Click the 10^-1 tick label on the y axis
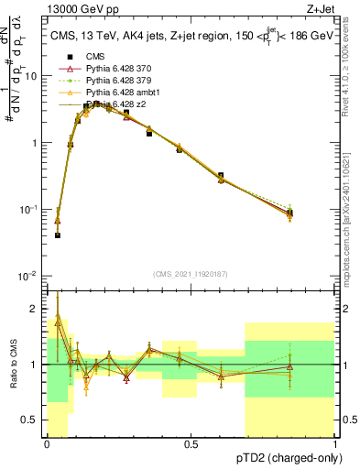(30, 210)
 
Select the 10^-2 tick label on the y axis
(30, 276)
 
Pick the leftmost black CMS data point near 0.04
(57, 235)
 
